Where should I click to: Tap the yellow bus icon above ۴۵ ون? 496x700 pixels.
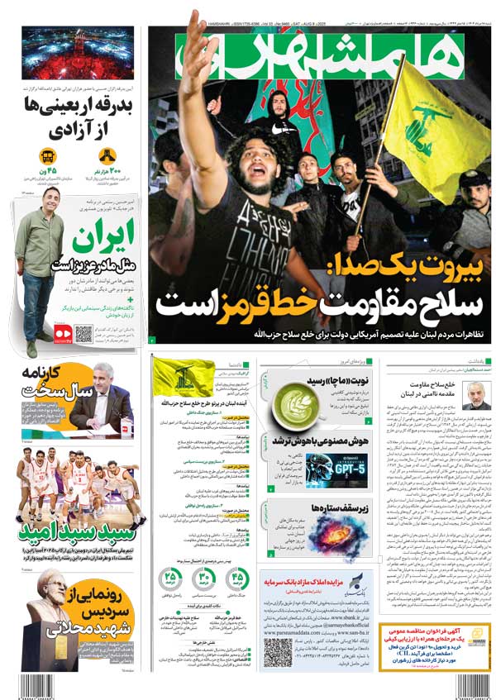[46, 155]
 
